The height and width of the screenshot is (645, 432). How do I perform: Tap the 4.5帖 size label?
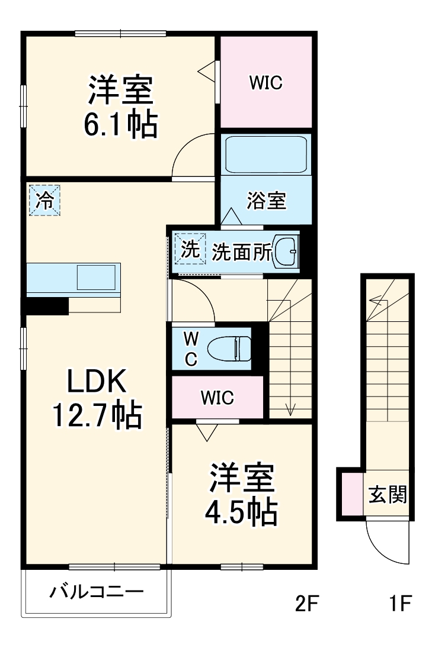pyautogui.click(x=241, y=513)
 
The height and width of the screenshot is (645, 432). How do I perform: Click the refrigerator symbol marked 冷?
pyautogui.click(x=44, y=200)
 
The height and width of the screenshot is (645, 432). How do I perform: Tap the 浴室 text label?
pyautogui.click(x=267, y=201)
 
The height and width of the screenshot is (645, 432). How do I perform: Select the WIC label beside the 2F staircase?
pyautogui.click(x=217, y=398)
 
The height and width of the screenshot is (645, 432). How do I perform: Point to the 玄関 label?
pyautogui.click(x=388, y=495)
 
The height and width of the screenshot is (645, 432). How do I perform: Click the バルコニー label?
pyautogui.click(x=96, y=592)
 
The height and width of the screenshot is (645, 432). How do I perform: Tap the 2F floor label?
pyautogui.click(x=308, y=604)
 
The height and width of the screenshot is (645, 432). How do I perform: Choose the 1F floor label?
pyautogui.click(x=401, y=604)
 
